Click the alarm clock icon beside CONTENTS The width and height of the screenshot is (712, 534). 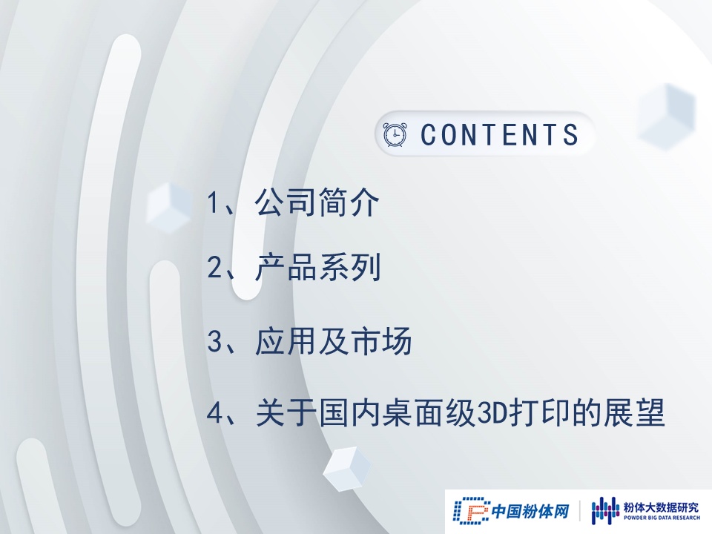(395, 134)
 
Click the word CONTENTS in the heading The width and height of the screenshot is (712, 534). (499, 134)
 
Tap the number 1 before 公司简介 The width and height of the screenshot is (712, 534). (213, 202)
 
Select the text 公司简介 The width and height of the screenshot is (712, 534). (317, 202)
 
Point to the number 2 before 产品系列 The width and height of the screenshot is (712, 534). (214, 267)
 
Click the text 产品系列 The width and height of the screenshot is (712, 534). (317, 267)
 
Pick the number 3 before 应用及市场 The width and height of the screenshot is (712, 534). (214, 340)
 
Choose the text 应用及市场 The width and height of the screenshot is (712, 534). (333, 340)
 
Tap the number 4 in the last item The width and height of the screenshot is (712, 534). (214, 413)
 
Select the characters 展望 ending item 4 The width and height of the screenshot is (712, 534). (634, 412)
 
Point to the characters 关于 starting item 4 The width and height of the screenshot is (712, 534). (286, 412)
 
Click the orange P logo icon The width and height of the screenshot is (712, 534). (472, 510)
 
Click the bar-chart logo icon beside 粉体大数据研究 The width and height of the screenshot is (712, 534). (605, 510)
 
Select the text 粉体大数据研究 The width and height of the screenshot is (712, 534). (662, 507)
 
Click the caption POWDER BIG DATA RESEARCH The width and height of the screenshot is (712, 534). (662, 518)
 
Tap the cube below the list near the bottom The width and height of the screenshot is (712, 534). (347, 469)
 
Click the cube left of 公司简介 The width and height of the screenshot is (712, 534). (170, 208)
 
